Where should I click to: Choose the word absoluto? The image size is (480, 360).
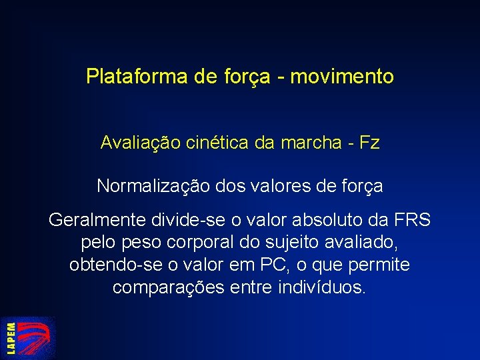tap(310, 220)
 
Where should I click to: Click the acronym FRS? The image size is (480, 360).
tap(413, 220)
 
